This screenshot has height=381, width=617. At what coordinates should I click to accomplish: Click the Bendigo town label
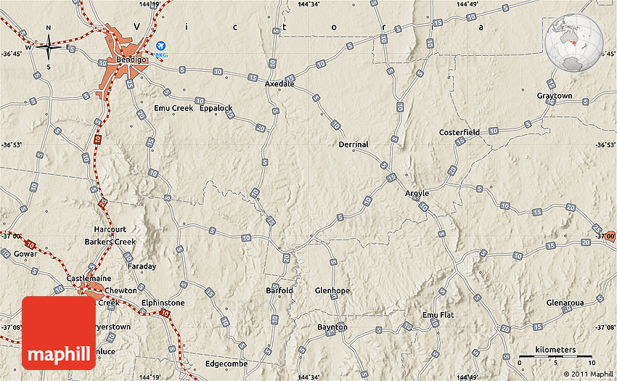[131, 60]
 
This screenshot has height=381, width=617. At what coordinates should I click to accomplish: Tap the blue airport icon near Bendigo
[160, 46]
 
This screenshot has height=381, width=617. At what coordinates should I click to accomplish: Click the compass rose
[49, 48]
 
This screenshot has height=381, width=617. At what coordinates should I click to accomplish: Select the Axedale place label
[279, 84]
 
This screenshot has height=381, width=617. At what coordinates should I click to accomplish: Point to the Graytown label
[555, 96]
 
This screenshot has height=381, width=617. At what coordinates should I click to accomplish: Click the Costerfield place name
[459, 133]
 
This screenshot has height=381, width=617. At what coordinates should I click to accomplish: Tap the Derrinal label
[354, 144]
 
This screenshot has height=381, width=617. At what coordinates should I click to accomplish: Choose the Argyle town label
[417, 194]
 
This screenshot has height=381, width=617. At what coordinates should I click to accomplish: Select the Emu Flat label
[438, 315]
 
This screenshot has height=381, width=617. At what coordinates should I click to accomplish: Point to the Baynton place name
[332, 327]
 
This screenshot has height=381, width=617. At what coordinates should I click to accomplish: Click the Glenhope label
[332, 291]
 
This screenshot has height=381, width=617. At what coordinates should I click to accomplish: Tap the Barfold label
[279, 291]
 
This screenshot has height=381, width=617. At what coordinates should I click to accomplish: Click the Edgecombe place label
[226, 364]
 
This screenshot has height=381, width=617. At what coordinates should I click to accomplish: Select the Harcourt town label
[110, 230]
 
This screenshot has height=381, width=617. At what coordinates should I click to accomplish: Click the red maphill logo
[59, 333]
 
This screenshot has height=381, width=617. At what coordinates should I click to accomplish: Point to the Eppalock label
[216, 108]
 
